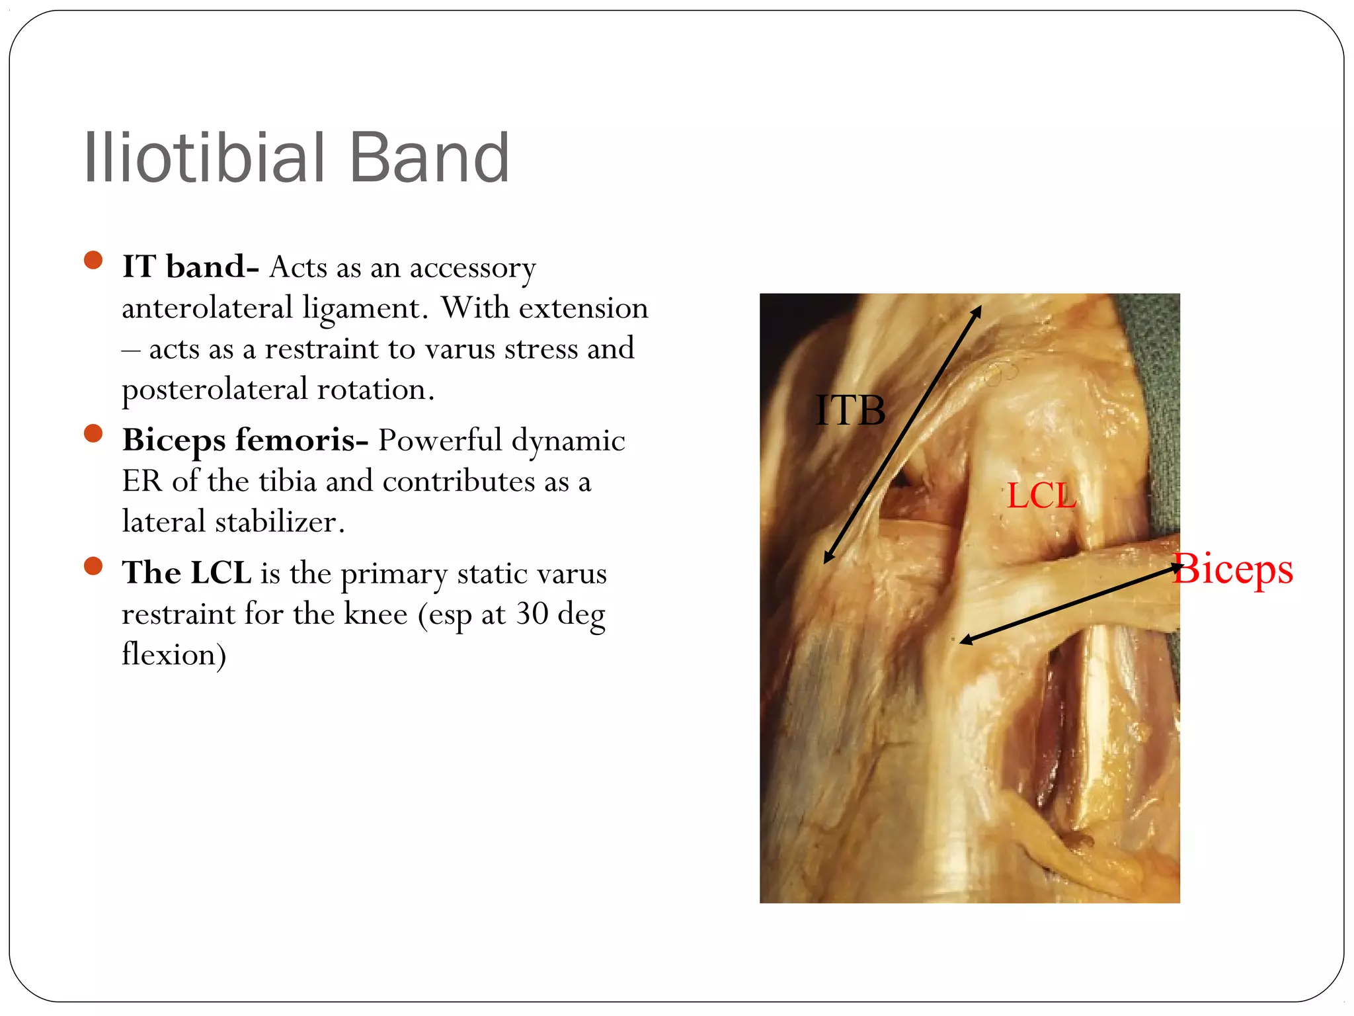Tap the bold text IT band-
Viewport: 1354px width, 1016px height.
190,267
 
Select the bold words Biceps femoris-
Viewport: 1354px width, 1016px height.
245,440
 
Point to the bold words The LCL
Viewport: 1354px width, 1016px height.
186,573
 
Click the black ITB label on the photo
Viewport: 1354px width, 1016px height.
850,410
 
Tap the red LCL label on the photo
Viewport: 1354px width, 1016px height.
1041,495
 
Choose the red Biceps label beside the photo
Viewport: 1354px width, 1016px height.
1234,569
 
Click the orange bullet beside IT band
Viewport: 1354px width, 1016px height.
93,260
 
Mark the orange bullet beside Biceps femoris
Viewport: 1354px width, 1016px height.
93,433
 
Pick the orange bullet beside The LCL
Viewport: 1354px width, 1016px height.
93,566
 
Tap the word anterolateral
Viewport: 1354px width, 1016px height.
207,308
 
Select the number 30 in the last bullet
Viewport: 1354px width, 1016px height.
532,614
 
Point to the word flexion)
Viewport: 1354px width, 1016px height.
174,655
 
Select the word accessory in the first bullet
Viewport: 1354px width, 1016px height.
473,268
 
